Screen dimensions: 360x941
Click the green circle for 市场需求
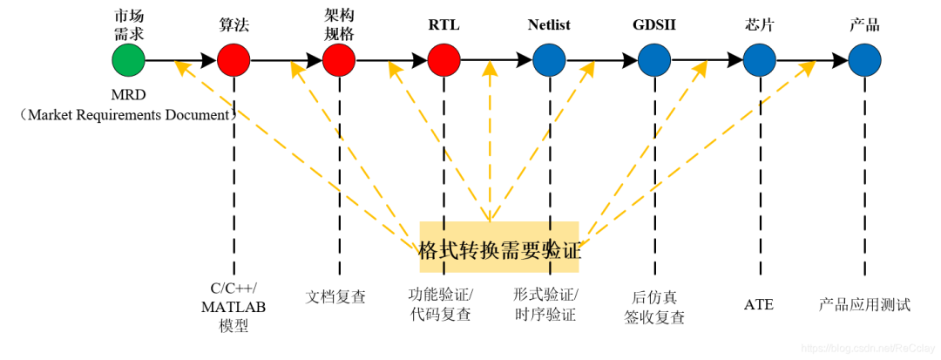tap(128, 60)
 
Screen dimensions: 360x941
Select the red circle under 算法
tap(234, 60)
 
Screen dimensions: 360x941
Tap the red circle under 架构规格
tap(339, 60)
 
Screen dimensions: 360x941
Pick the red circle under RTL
tap(444, 60)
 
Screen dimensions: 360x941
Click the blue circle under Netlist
tap(549, 60)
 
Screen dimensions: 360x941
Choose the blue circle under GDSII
tap(654, 60)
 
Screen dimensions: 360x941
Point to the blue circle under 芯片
tap(760, 60)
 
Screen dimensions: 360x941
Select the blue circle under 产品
tap(864, 60)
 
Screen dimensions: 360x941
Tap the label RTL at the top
tap(444, 24)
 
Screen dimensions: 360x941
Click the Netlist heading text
tap(549, 24)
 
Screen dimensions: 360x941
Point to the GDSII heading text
tap(654, 24)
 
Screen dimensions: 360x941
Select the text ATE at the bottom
tap(759, 304)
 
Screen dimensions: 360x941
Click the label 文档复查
tap(336, 297)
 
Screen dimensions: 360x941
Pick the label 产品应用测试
tap(864, 304)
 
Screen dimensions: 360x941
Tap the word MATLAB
tap(234, 307)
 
